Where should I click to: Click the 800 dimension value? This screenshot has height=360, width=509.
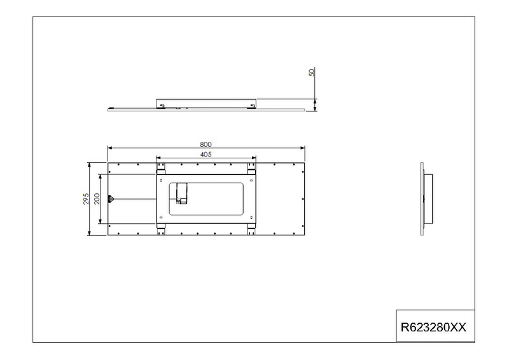click(x=206, y=144)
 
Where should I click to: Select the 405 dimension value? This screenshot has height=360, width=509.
click(x=206, y=155)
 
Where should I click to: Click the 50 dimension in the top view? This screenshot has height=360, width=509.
click(x=312, y=73)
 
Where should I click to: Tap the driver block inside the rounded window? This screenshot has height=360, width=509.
click(x=182, y=194)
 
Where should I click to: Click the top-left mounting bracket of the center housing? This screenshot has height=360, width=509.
click(x=161, y=169)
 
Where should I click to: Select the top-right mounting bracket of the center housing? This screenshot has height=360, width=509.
click(x=252, y=169)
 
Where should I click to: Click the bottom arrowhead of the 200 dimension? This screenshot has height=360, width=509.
click(x=101, y=223)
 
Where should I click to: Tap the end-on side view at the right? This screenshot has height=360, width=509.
click(x=423, y=199)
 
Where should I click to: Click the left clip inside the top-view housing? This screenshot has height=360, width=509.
click(x=163, y=105)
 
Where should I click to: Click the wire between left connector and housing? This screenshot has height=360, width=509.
click(x=134, y=199)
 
